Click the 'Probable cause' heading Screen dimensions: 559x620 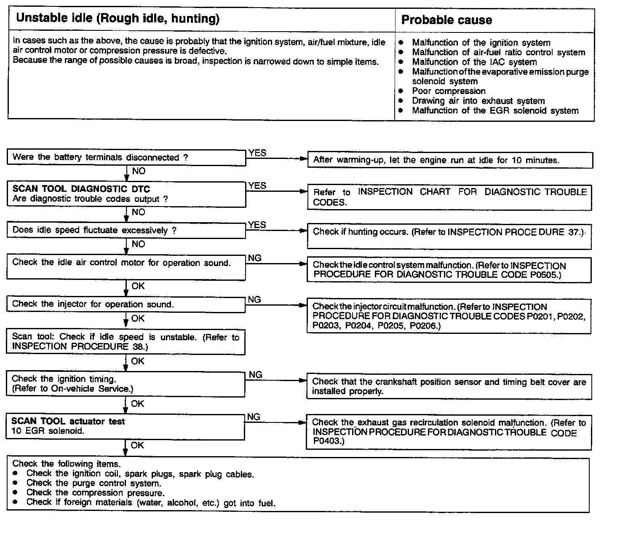(446, 20)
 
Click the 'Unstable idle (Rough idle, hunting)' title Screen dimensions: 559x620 (118, 19)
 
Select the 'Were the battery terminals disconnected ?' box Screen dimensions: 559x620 (126, 158)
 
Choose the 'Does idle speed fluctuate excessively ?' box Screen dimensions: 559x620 (126, 231)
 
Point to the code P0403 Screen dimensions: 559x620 (328, 441)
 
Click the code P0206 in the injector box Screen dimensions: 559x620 (424, 326)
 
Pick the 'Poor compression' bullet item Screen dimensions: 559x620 (449, 91)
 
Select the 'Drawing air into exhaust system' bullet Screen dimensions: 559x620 (478, 101)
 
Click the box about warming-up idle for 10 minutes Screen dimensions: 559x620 (450, 160)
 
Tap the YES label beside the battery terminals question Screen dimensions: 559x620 (257, 153)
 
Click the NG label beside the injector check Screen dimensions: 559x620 (254, 300)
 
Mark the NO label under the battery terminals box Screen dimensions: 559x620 (139, 171)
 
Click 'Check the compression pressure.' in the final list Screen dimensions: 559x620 (95, 493)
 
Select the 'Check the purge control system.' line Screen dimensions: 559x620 (94, 483)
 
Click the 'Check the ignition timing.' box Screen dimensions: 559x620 (126, 384)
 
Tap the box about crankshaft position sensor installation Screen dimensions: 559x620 (449, 387)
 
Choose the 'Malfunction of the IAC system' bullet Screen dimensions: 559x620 (474, 62)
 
